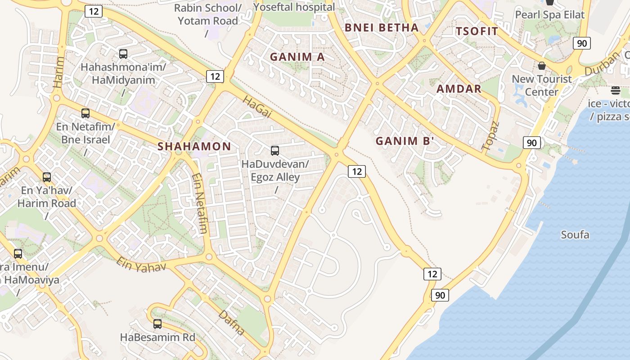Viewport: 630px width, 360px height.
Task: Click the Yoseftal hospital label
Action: (x=294, y=7)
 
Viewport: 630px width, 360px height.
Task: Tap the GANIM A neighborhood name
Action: (x=297, y=57)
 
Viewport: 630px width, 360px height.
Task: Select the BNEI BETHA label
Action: (x=382, y=27)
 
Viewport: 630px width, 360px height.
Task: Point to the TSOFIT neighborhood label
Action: (x=477, y=31)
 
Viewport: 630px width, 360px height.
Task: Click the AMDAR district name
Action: (x=459, y=89)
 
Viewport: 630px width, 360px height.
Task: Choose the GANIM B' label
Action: (x=405, y=141)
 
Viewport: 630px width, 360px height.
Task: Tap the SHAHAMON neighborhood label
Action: (x=194, y=146)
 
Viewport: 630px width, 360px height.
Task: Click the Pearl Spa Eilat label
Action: (x=549, y=14)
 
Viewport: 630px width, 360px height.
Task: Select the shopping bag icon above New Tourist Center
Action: (x=542, y=66)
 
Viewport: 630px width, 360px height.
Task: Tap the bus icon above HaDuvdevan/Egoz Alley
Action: (x=274, y=151)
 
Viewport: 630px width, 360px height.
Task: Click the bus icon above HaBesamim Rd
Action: (x=157, y=324)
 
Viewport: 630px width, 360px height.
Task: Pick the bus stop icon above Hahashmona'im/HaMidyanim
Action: (x=123, y=54)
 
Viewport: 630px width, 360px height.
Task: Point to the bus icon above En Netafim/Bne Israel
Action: (x=85, y=113)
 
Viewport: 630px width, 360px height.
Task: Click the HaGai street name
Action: (x=257, y=107)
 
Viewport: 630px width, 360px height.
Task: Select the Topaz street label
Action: (x=490, y=135)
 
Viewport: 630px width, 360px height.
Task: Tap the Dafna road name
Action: (x=231, y=322)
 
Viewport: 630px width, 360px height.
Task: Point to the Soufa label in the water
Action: (x=575, y=234)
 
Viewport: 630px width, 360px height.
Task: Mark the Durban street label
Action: (x=602, y=64)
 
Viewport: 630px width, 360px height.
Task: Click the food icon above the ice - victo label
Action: (x=616, y=90)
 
